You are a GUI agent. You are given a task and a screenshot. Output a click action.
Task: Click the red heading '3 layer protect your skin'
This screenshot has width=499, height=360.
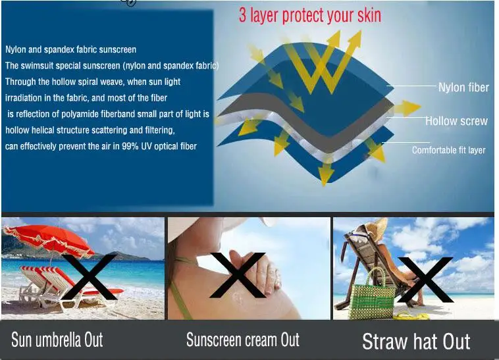309,16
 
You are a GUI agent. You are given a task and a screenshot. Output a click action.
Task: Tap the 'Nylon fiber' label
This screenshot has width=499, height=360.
463,88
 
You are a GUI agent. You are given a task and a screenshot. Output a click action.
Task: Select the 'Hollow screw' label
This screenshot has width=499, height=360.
456,121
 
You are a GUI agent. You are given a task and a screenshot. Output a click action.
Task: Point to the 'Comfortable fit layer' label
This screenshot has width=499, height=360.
449,150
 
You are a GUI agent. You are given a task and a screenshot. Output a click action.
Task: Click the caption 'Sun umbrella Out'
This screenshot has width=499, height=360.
57,340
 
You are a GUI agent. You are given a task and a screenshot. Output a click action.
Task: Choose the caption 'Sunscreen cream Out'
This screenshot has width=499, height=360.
243,340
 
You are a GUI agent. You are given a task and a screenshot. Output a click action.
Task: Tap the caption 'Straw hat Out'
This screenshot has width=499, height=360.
416,342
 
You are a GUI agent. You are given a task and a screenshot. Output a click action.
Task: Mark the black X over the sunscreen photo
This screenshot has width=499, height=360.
238,275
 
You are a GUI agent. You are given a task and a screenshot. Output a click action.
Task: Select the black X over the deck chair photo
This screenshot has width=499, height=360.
425,280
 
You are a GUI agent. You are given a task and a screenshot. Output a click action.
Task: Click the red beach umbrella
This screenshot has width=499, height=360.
48,238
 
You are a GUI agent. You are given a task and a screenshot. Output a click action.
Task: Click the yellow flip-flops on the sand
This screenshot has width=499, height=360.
411,316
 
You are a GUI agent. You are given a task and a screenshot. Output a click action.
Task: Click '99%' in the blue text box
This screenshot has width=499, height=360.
130,146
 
